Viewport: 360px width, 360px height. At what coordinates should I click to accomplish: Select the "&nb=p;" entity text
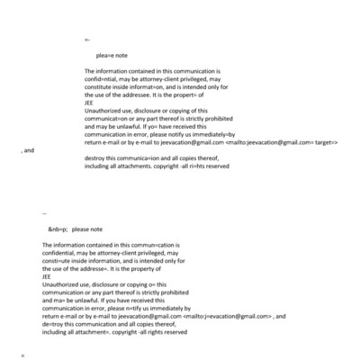[x=58, y=229]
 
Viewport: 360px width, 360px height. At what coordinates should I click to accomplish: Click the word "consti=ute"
[x=58, y=261]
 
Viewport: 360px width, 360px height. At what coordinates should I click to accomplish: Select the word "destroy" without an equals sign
[x=96, y=157]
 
